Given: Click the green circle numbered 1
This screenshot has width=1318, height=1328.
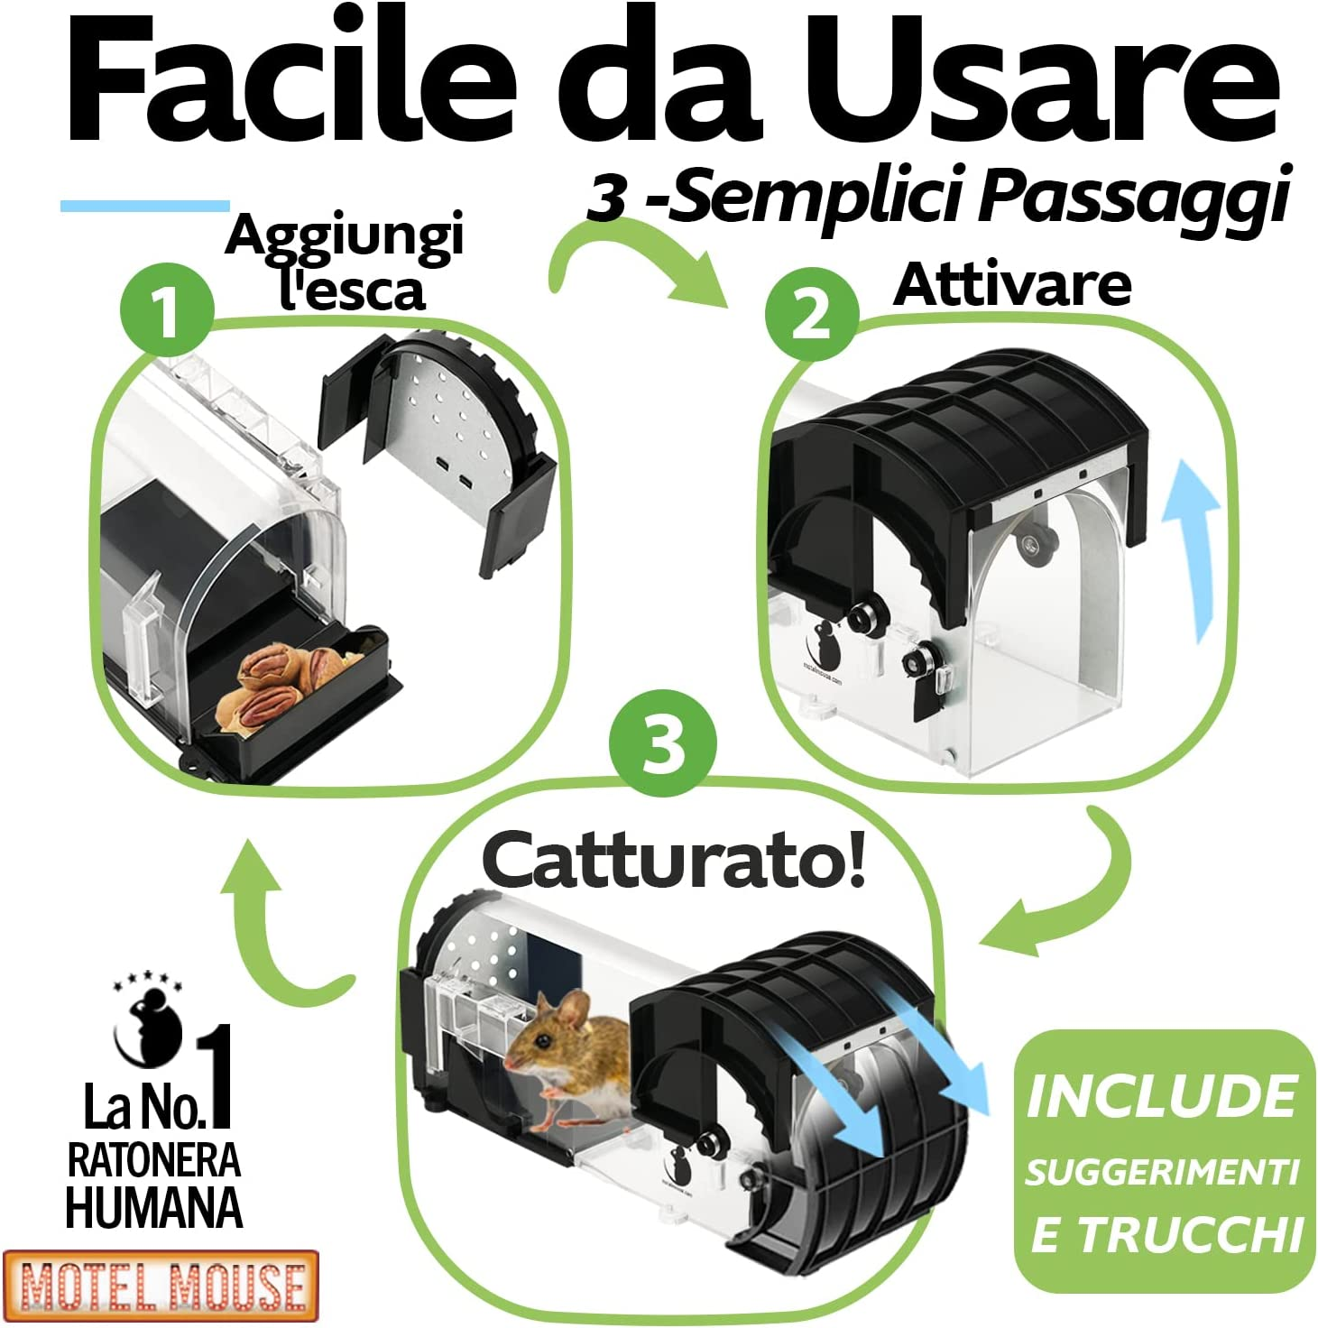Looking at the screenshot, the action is coord(168,311).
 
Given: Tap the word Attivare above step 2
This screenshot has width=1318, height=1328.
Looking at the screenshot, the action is coord(1012,285).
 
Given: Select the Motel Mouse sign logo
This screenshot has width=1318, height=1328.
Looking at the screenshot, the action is coord(161,1285).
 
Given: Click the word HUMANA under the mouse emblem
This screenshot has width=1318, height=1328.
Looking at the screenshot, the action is coord(154,1207).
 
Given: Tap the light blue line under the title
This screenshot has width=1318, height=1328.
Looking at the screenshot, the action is coord(144,206).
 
